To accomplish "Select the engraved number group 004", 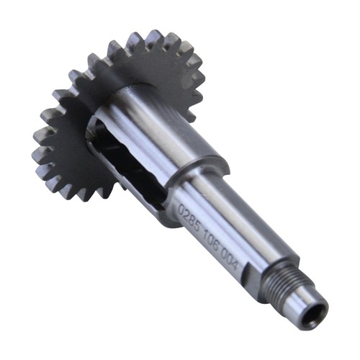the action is coord(229,261).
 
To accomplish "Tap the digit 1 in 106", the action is coord(204,236).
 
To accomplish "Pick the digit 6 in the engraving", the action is coord(215,247).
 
